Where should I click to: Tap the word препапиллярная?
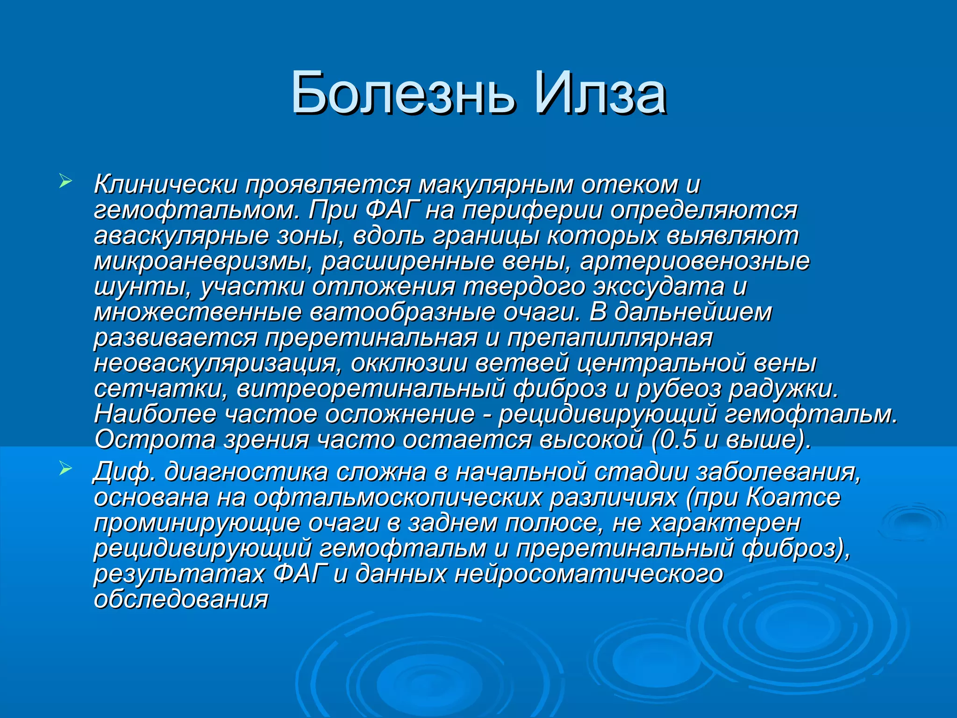610,338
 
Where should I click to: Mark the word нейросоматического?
589,574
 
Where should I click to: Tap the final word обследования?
181,600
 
